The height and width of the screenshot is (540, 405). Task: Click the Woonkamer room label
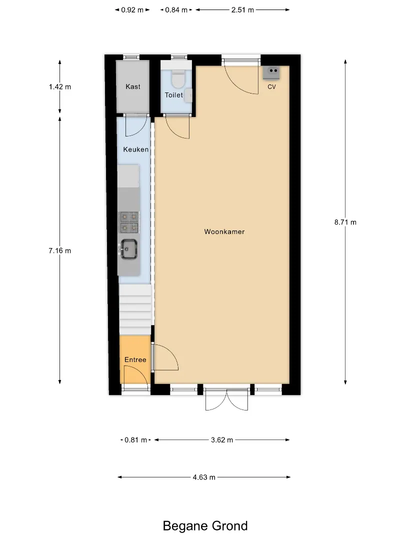224,232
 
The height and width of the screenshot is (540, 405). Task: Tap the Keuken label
136,149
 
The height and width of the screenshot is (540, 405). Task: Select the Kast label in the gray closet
133,87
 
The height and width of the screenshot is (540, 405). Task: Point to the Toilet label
173,95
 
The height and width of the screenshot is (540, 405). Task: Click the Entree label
135,360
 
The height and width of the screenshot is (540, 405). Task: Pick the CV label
271,87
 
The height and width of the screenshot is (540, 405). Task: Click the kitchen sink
128,248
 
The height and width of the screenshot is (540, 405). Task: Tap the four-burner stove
129,222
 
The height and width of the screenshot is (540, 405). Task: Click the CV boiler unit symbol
271,73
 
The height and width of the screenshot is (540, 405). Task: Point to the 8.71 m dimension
345,222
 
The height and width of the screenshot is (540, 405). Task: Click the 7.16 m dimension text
60,250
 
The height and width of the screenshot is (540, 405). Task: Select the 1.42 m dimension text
60,87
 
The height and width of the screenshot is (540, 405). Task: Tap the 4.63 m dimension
204,477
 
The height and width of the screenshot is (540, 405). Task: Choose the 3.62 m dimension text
222,440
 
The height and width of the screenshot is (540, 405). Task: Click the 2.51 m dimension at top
242,10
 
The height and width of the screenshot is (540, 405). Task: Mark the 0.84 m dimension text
176,10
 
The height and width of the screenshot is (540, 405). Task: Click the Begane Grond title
205,526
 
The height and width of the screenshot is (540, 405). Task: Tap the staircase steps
135,309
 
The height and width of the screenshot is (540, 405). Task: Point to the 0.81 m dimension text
135,440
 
